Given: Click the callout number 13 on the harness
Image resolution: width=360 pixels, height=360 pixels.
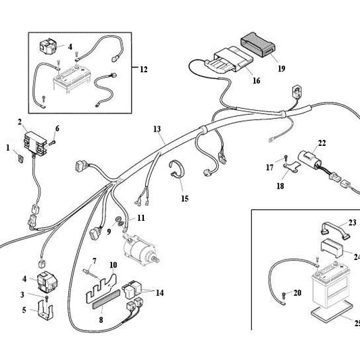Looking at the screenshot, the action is (157, 129).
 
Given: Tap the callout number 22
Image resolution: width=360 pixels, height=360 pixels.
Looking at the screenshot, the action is (322, 143).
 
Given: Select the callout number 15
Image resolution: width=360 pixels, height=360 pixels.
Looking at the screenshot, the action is (185, 199).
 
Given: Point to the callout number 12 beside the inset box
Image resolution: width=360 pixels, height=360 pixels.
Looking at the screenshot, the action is (143, 69).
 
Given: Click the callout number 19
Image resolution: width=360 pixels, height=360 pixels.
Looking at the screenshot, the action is (281, 68).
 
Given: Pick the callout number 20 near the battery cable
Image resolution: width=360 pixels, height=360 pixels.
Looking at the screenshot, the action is (297, 292).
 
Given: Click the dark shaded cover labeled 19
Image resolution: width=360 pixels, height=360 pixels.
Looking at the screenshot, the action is (258, 45).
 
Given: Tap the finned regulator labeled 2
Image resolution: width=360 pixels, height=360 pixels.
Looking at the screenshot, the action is (35, 144).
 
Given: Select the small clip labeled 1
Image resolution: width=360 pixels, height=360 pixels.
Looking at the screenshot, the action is (21, 158).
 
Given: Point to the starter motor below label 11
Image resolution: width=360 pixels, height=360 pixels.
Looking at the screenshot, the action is (140, 249).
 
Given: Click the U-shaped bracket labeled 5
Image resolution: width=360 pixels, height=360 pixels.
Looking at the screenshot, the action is (45, 310).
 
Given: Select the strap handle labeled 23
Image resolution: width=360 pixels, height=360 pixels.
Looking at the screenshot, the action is (335, 230).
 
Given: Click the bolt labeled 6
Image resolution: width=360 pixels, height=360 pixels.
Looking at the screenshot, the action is (52, 143).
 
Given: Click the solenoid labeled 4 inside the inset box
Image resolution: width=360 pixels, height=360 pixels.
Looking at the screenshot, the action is (48, 47).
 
